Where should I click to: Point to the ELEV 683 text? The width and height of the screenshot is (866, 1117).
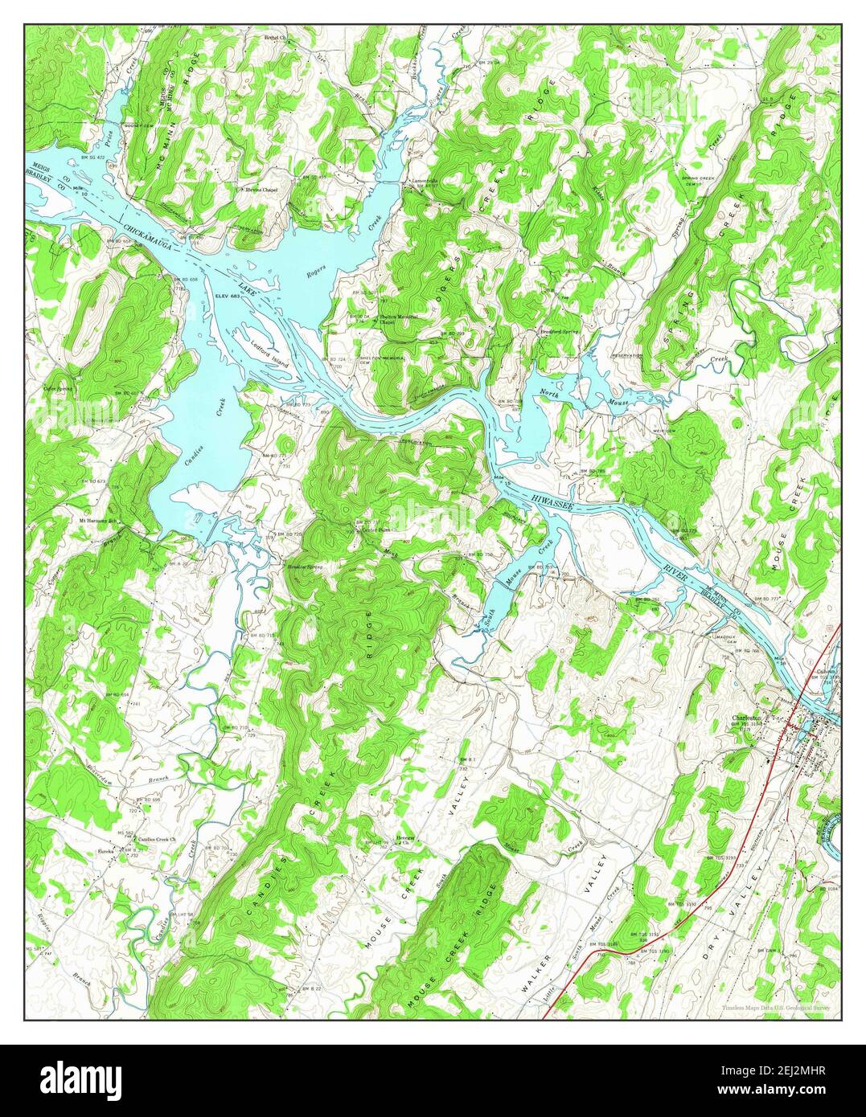click(x=229, y=297)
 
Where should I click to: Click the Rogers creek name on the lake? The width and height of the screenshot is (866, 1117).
click(x=315, y=272)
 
